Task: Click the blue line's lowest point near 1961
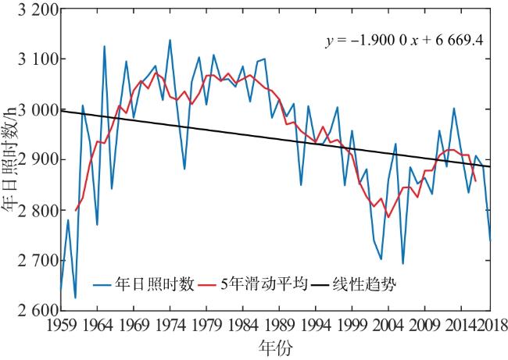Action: (x=75, y=298)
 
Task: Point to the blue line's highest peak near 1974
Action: (x=170, y=40)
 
